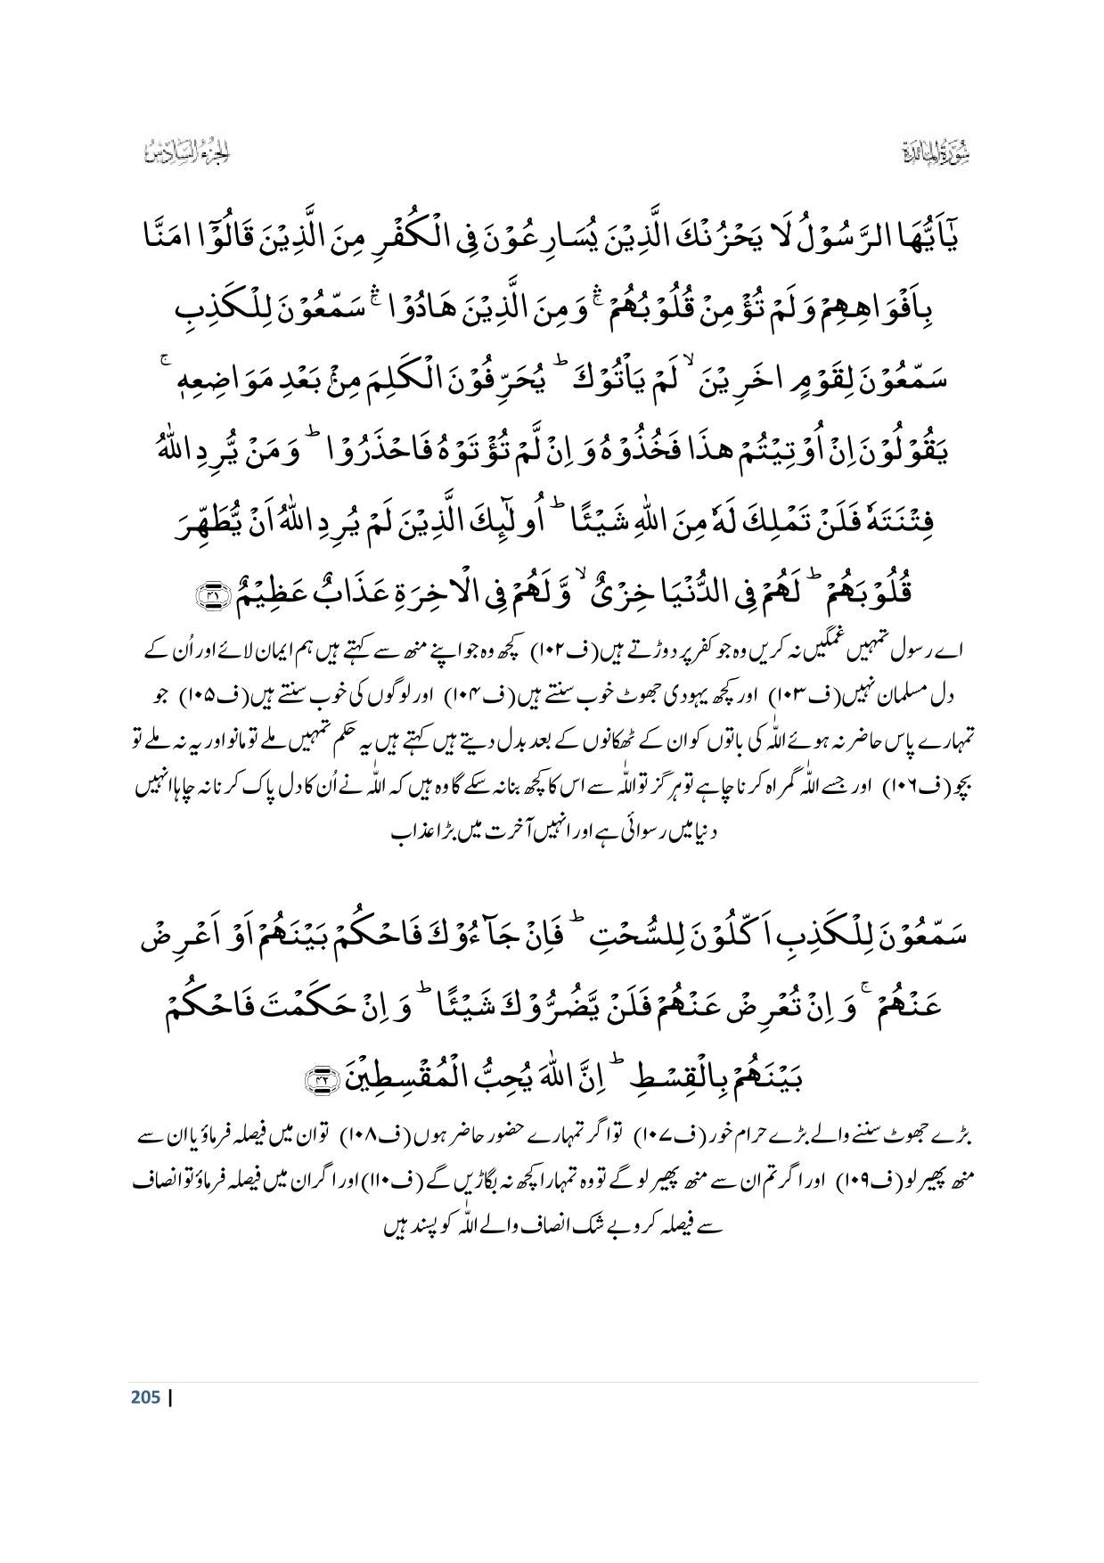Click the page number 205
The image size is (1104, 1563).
point(145,1396)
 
